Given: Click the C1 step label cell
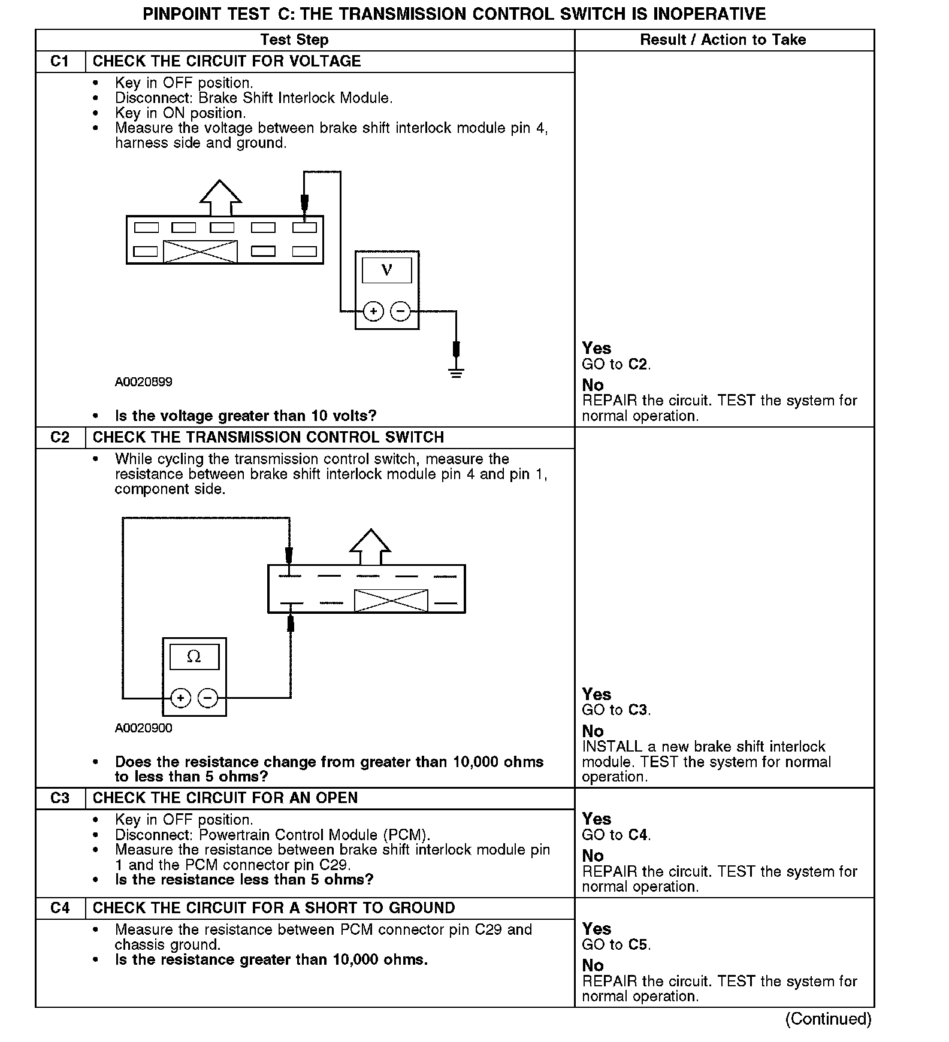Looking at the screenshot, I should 60,62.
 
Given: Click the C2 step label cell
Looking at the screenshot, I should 60,438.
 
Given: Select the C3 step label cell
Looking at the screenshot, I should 60,798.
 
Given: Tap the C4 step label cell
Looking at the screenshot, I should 60,908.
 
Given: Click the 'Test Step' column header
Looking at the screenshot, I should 294,40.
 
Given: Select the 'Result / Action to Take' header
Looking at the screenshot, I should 723,40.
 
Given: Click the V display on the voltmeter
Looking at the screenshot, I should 387,270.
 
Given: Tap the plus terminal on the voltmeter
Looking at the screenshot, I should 373,311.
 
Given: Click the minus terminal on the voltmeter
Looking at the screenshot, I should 400,311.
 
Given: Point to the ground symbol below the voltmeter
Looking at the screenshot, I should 457,373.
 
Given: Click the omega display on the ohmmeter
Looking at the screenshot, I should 194,657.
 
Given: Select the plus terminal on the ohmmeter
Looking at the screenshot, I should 180,698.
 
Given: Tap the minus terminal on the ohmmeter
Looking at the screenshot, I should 207,698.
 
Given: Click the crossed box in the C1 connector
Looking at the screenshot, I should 200,252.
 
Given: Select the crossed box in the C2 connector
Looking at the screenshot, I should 391,601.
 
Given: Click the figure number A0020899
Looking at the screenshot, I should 144,382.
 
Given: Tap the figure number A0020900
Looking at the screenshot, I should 144,728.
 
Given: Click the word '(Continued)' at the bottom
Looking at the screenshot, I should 828,1019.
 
